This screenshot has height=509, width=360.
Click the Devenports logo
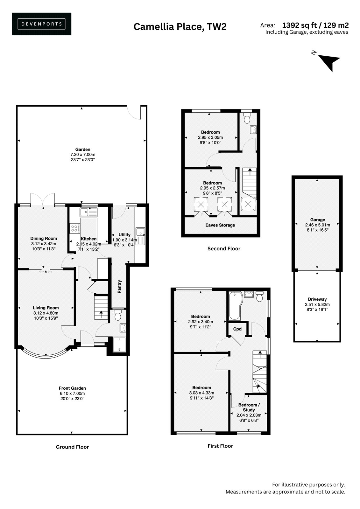point(41,24)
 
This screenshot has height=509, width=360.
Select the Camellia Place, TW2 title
point(180,27)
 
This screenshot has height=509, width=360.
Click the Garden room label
point(83,149)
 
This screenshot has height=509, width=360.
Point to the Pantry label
point(119,287)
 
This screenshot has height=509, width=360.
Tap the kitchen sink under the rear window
point(88,212)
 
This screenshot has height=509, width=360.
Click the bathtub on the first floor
point(236,306)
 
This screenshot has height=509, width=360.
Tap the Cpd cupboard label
point(237,329)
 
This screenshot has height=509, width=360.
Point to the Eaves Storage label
point(220,225)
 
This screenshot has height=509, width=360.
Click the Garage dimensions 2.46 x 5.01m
point(317,225)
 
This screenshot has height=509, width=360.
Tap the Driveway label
point(317,299)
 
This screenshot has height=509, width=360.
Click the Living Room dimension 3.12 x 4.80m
point(46,313)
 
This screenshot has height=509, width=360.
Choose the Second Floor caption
point(224,248)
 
